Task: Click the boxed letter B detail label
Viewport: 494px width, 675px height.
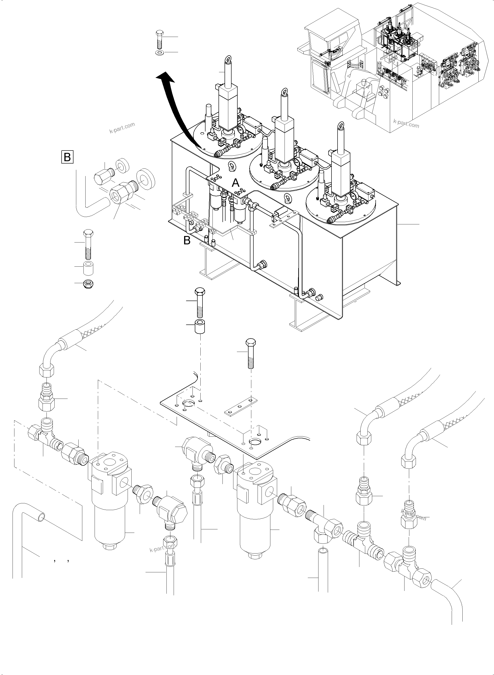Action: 67,157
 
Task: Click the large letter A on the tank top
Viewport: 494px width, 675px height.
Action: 236,183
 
